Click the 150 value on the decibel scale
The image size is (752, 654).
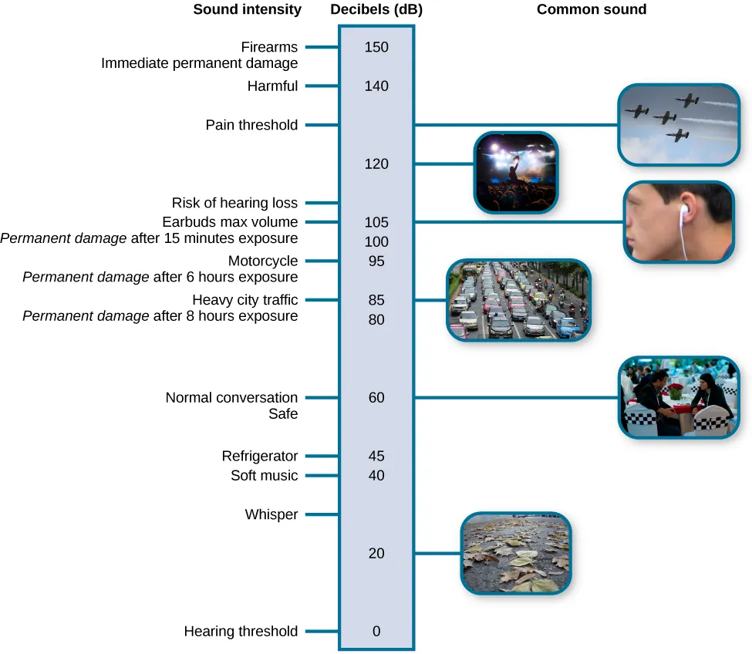click(x=376, y=47)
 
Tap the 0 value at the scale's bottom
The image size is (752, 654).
click(x=376, y=631)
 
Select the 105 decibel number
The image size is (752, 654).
click(x=376, y=222)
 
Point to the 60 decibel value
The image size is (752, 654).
click(x=376, y=398)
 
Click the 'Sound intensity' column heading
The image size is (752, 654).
click(x=247, y=10)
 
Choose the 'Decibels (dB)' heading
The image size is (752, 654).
click(x=376, y=10)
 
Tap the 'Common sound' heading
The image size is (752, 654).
click(x=592, y=10)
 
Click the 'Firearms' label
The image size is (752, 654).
click(x=269, y=47)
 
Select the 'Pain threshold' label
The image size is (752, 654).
click(x=251, y=125)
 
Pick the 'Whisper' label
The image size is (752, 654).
click(x=271, y=514)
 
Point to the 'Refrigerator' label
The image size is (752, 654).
click(x=260, y=456)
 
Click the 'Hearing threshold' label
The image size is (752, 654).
click(x=241, y=631)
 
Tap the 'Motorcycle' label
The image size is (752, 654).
click(x=263, y=261)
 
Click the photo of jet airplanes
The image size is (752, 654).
click(x=678, y=124)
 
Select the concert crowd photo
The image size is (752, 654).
click(x=515, y=172)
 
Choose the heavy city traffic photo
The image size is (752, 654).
click(x=518, y=300)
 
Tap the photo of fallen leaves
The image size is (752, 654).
click(x=516, y=553)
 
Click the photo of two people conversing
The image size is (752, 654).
click(x=678, y=397)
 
